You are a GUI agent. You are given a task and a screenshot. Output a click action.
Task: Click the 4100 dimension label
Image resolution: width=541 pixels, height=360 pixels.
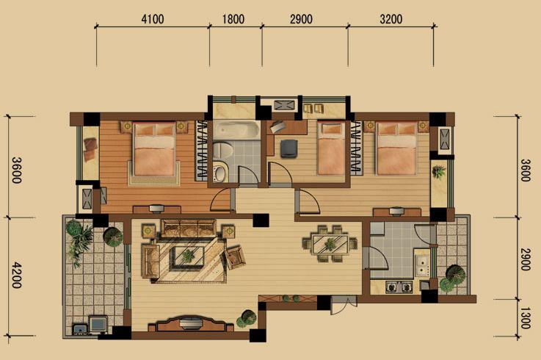[x=153, y=19]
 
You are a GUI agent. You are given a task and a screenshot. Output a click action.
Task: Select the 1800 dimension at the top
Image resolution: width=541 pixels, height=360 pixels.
[x=233, y=19]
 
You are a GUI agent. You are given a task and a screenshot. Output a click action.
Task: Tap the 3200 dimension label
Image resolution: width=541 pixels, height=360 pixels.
[x=391, y=19]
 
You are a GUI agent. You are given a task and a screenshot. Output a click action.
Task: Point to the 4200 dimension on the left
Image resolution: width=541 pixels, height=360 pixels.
[x=17, y=276]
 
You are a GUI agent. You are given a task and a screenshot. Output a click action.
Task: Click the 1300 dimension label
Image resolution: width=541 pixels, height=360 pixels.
[x=525, y=318]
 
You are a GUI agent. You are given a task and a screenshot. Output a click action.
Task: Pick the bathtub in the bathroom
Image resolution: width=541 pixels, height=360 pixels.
[x=236, y=130]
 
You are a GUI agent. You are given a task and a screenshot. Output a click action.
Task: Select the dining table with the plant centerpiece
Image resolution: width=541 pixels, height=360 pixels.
[x=330, y=244]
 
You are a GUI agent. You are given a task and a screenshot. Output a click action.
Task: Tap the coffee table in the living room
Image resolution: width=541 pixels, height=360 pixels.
[x=189, y=256]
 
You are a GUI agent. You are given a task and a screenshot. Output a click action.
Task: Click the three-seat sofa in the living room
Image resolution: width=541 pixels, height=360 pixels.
[x=189, y=228]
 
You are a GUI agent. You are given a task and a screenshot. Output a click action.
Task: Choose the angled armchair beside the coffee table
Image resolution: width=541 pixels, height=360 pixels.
[x=235, y=257]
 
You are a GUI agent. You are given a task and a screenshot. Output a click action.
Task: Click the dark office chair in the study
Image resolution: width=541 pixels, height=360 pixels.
[x=288, y=148]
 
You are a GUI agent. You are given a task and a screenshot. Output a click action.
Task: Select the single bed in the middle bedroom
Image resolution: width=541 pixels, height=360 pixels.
[x=331, y=148]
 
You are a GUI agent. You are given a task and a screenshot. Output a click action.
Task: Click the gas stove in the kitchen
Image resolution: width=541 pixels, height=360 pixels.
[x=399, y=287]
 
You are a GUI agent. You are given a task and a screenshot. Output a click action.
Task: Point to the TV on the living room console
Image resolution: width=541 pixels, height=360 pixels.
[x=190, y=323]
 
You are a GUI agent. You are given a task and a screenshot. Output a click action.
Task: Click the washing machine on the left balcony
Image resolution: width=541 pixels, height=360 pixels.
[x=98, y=324]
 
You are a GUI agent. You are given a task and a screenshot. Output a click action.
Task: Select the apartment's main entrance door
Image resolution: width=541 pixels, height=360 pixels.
[x=344, y=305]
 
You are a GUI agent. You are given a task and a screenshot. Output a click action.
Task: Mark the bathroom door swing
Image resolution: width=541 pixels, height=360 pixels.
[x=247, y=174]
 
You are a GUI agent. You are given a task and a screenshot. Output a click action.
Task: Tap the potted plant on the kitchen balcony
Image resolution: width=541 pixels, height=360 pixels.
[x=454, y=278]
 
